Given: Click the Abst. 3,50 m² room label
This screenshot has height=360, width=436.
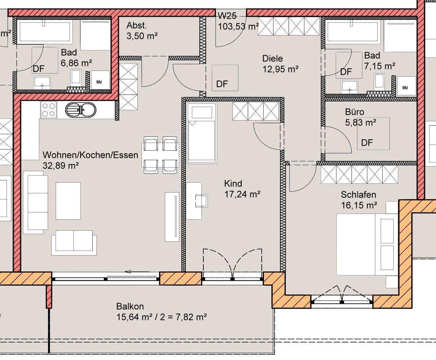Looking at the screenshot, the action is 142,31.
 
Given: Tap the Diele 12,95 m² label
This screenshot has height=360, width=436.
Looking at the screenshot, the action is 281,64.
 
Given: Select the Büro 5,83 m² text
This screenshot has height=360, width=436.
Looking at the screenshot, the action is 360,117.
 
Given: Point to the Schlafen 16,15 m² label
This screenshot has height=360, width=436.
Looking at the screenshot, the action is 359,200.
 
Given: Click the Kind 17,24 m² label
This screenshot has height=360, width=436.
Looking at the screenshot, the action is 242,189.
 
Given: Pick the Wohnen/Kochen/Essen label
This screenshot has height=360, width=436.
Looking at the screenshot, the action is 90,155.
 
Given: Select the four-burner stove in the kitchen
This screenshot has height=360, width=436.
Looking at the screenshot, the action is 49,109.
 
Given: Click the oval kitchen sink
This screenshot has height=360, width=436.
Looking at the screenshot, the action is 80,109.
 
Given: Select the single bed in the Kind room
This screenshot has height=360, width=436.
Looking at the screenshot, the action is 201,132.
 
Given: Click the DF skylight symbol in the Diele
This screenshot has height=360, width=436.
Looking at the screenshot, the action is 225,78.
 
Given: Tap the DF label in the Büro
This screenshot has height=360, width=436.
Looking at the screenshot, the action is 367,143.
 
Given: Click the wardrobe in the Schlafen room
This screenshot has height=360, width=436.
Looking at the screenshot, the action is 359,175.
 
